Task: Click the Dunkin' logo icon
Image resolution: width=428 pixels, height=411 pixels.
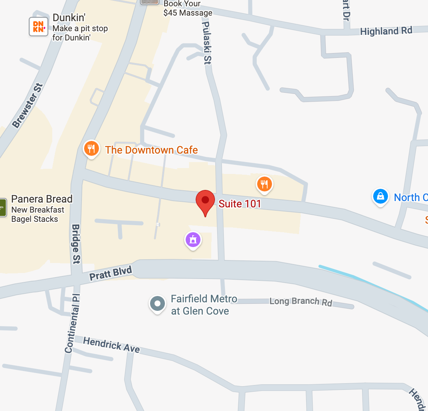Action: point(39,27)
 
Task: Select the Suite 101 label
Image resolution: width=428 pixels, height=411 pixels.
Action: point(240,204)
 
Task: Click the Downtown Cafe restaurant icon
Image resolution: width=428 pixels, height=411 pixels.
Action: point(91,149)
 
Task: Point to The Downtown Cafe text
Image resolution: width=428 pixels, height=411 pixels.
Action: point(151,150)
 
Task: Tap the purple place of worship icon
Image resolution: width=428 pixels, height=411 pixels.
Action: point(193,240)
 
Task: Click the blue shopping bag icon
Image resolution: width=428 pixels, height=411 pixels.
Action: point(380,197)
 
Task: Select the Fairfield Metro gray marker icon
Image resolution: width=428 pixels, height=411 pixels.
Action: point(157,303)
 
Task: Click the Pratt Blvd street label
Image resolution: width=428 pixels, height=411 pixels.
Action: point(110,273)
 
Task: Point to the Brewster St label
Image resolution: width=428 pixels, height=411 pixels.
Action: point(27,106)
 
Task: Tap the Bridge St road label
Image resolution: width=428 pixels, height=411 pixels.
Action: point(76,244)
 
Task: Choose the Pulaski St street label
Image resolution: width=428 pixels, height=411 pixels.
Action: point(206,43)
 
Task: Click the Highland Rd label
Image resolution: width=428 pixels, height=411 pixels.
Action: point(386,31)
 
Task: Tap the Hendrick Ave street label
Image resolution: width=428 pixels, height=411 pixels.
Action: point(111,345)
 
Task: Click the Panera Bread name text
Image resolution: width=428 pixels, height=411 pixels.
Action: point(42,199)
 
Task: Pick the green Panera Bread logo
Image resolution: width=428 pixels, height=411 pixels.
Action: point(3,207)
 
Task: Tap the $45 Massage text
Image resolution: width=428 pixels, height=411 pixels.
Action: point(188,13)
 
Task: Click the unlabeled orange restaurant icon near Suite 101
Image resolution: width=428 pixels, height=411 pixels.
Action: point(264,184)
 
